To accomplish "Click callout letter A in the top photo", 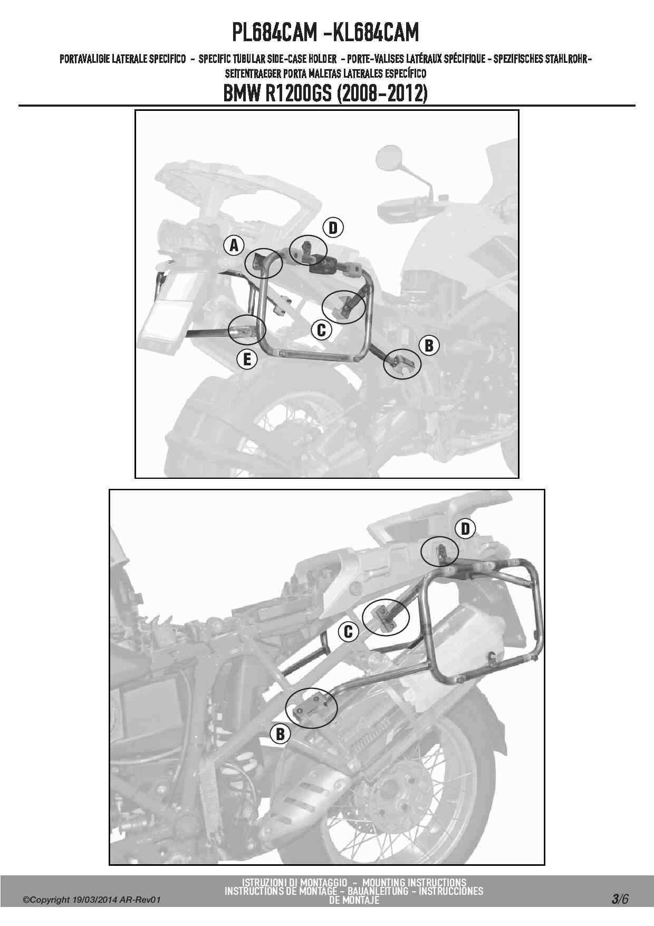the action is (x=234, y=245).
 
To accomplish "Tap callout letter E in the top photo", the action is (x=246, y=360).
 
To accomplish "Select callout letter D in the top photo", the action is (x=333, y=228).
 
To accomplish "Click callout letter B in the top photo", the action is (x=429, y=345).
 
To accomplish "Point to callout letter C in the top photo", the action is (x=321, y=330).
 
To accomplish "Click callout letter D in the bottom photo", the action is (x=466, y=529).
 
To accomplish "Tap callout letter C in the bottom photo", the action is (x=348, y=631).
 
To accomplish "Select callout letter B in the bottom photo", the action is (x=280, y=734).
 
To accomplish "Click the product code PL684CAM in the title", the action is (x=273, y=33).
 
